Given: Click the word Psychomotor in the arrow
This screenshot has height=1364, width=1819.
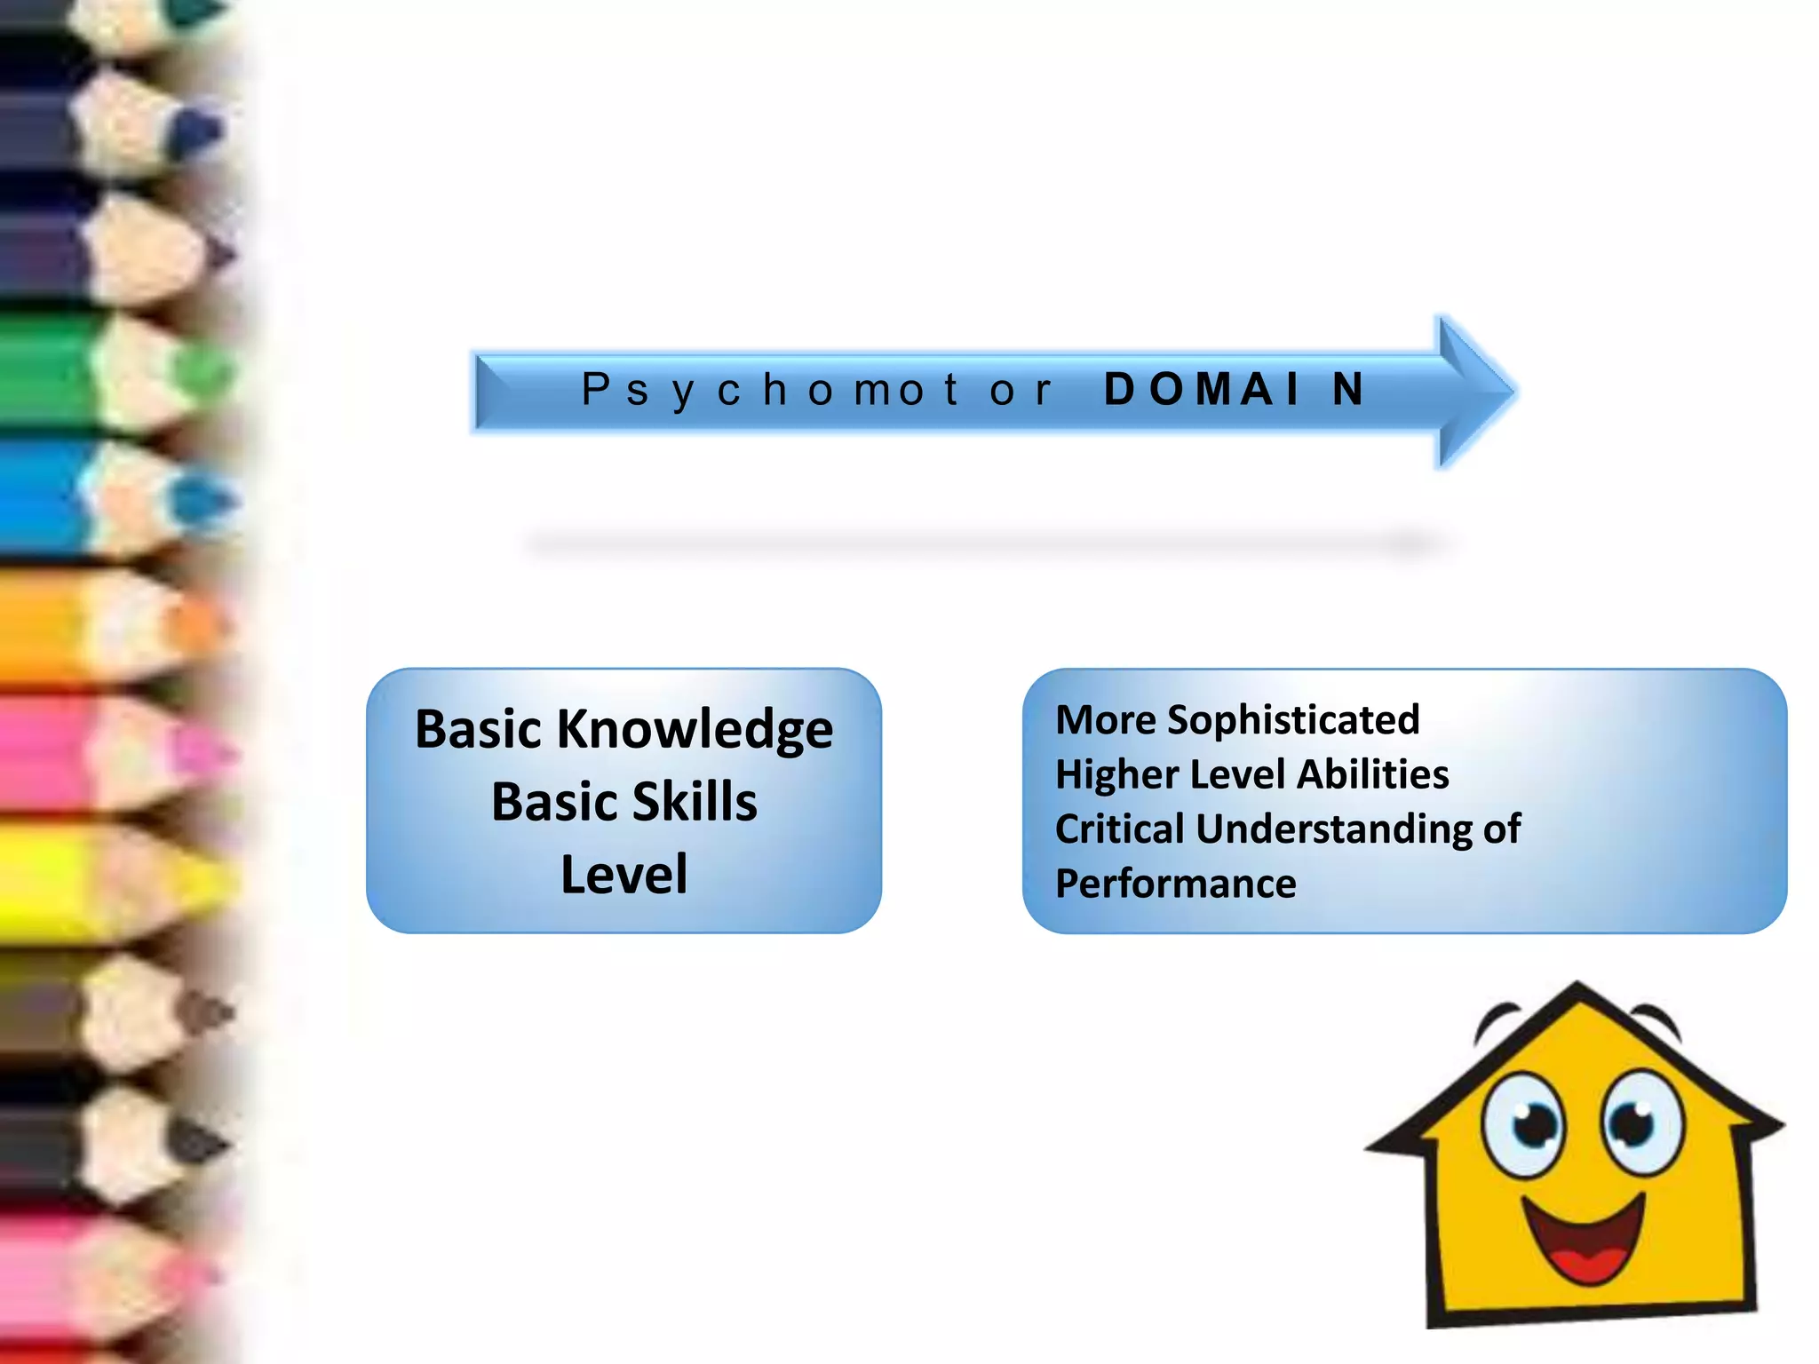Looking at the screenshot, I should click(x=817, y=390).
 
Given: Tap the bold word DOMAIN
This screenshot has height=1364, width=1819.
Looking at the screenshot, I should click(x=1235, y=390).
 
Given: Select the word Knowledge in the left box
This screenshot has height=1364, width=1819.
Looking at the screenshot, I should click(x=694, y=730).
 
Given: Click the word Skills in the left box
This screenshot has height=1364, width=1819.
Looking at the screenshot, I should click(x=695, y=802).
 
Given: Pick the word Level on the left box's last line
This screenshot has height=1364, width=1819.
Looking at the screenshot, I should click(x=624, y=874).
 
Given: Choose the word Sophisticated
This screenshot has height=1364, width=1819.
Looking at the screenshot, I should click(x=1293, y=720).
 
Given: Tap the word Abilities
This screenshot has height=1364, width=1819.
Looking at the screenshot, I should click(x=1373, y=774).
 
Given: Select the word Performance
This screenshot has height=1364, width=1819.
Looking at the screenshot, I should click(x=1176, y=884).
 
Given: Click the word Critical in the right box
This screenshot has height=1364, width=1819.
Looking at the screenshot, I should click(x=1120, y=829).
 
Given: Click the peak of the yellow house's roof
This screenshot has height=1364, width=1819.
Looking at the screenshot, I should click(x=1577, y=986).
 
